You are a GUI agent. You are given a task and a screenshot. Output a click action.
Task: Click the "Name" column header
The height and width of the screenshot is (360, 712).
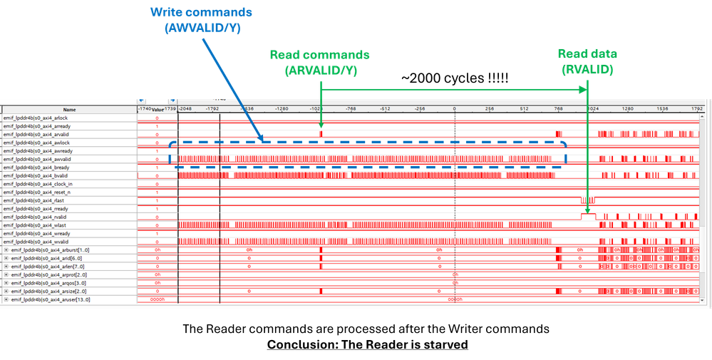click(x=69, y=110)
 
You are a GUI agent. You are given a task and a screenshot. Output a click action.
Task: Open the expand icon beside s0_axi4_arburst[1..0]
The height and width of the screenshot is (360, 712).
click(x=6, y=250)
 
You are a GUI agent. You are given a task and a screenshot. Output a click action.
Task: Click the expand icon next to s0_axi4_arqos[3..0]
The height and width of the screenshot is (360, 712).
click(x=6, y=284)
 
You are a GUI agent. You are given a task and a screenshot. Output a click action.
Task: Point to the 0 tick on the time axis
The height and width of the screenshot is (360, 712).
click(x=454, y=109)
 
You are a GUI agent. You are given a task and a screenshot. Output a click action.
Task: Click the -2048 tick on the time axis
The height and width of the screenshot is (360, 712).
click(x=185, y=109)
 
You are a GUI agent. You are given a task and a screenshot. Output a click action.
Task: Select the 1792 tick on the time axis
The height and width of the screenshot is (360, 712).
click(x=697, y=109)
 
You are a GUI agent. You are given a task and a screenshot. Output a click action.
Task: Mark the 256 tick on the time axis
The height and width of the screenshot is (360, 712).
click(x=489, y=109)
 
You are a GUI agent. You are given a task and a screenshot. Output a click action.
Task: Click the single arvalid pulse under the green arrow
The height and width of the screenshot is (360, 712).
click(x=321, y=133)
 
